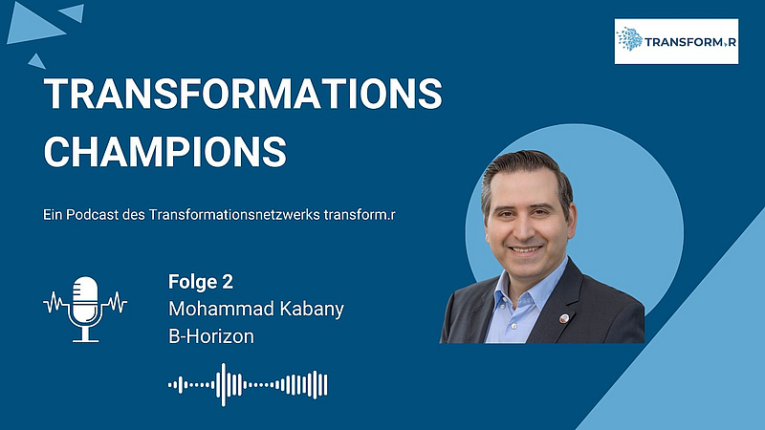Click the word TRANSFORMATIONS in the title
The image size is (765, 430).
tap(243, 93)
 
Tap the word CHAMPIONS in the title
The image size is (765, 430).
tap(164, 152)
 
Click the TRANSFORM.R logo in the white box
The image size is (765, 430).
tap(676, 41)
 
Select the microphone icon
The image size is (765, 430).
tap(85, 309)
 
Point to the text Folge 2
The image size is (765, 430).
tap(201, 282)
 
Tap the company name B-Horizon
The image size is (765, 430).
tap(211, 336)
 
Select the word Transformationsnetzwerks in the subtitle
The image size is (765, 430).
tap(234, 214)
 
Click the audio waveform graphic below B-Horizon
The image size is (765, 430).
tap(248, 385)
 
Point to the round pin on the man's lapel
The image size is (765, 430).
tap(563, 319)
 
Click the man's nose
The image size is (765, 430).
tap(527, 228)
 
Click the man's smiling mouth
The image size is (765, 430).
tap(525, 249)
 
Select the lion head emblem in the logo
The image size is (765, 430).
tap(629, 39)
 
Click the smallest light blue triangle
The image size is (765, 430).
tap(36, 61)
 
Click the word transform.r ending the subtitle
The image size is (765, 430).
tap(360, 214)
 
